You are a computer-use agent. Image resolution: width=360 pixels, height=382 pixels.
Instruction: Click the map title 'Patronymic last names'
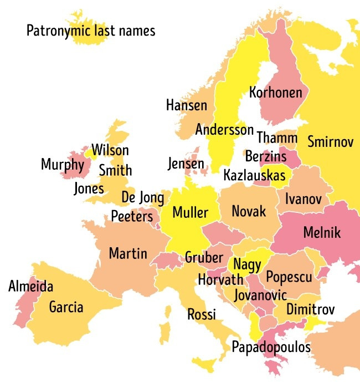tap(91, 30)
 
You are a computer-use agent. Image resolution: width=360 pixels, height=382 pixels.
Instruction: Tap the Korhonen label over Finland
tap(276, 92)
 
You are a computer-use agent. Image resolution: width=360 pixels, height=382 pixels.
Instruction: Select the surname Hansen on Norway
tap(187, 105)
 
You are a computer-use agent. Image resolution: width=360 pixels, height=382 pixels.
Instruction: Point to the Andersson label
tap(224, 130)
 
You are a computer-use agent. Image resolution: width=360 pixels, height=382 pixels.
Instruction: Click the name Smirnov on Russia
tap(330, 141)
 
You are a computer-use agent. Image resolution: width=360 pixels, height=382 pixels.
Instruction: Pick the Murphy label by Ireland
tap(63, 165)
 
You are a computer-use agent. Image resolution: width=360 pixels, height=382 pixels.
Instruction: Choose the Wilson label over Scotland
tap(110, 150)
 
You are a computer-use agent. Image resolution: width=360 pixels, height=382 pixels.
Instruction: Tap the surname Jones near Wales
tap(89, 189)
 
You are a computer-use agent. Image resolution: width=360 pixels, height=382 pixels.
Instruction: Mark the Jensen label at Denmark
tap(186, 164)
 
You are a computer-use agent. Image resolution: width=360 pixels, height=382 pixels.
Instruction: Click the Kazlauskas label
tap(254, 176)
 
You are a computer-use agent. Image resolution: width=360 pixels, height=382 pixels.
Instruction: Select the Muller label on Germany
tap(190, 212)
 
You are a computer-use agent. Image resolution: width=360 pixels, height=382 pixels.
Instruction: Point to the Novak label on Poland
tap(249, 211)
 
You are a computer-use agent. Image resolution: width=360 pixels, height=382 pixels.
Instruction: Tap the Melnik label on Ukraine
tap(322, 233)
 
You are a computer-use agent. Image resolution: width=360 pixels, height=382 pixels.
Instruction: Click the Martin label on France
tap(128, 254)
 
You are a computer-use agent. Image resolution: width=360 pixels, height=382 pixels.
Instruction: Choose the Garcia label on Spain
tap(66, 307)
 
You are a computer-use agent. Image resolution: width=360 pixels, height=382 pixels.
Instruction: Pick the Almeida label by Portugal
tap(31, 287)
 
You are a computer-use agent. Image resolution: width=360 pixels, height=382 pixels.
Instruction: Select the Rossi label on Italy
tap(202, 314)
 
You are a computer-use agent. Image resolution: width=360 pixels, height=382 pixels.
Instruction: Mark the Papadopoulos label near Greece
tap(271, 348)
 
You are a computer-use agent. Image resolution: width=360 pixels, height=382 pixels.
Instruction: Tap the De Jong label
tap(142, 197)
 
